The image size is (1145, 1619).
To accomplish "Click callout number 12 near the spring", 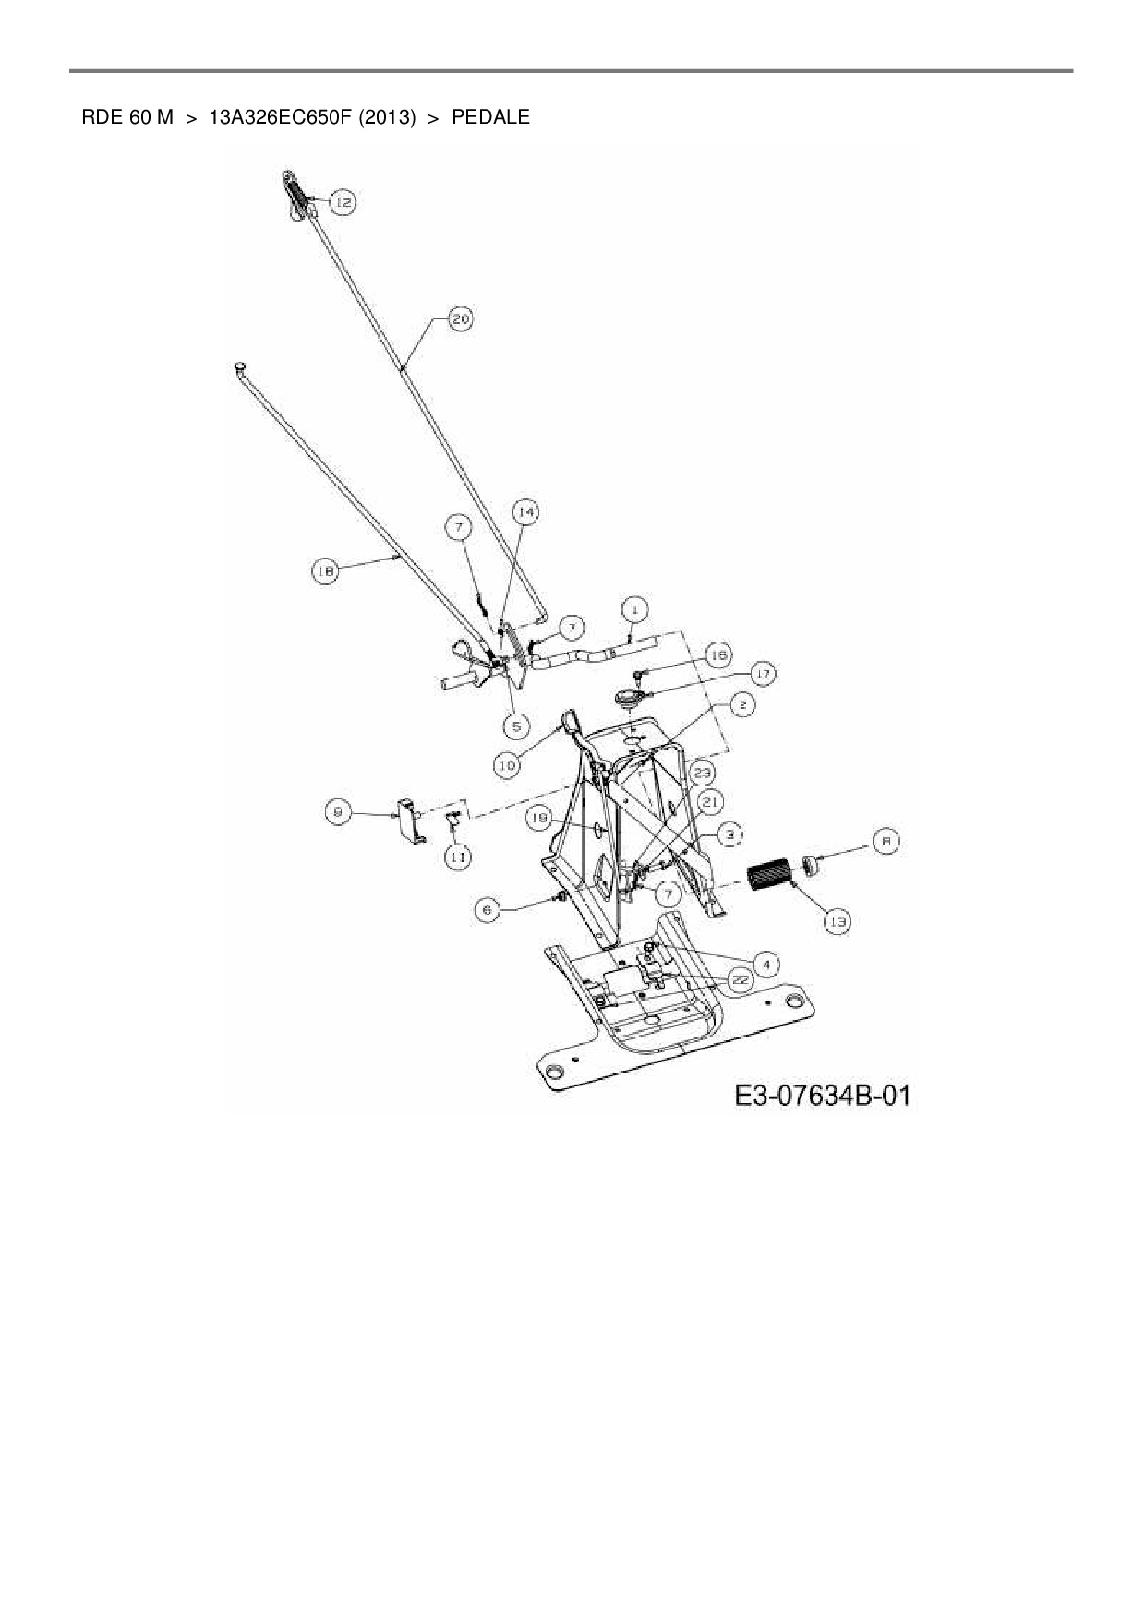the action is click(342, 202).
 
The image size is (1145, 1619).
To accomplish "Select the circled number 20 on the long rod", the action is click(460, 319).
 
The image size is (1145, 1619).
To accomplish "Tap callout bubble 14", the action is click(524, 512).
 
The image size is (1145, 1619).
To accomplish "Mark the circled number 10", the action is click(507, 764).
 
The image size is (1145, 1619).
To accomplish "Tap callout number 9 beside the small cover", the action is click(338, 812).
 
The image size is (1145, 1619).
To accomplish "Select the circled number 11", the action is click(457, 857).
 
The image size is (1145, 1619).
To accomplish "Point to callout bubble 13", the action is click(838, 920).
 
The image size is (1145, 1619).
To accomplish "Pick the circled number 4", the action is click(765, 964).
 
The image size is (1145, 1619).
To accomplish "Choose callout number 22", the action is click(740, 980).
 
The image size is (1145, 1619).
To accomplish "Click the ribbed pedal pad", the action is click(769, 876).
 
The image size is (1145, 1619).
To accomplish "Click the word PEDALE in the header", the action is click(490, 117).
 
